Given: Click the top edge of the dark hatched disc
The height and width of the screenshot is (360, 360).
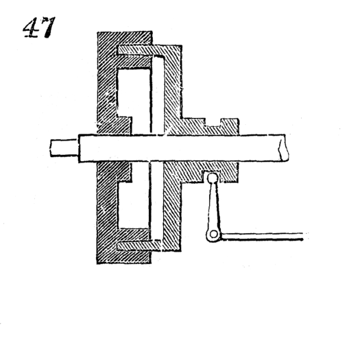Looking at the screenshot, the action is point(123,33).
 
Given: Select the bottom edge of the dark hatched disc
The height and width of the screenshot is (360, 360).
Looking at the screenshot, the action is point(123,263).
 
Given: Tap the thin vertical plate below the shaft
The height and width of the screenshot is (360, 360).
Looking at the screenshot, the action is point(157,202).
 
